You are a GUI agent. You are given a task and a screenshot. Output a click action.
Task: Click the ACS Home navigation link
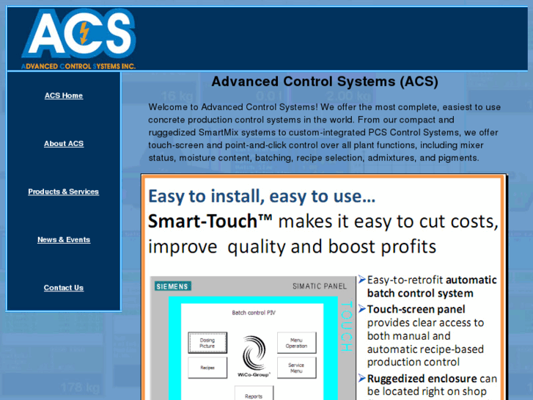[64, 95]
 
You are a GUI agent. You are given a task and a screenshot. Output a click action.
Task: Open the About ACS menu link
[64, 144]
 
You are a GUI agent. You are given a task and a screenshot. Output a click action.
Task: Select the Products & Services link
[64, 192]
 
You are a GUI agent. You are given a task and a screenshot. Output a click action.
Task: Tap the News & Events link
[64, 240]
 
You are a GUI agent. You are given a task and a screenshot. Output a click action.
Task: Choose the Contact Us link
[64, 288]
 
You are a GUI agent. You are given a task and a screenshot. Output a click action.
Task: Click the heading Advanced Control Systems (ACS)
[324, 81]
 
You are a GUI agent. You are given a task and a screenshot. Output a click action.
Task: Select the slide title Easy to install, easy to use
[262, 197]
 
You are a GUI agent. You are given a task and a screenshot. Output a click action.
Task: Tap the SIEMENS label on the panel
[172, 286]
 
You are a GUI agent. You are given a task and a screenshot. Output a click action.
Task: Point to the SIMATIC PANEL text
[320, 286]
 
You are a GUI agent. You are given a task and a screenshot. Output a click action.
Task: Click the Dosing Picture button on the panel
[207, 343]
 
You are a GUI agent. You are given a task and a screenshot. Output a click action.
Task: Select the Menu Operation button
[296, 343]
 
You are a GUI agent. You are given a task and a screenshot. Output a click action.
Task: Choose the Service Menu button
[296, 368]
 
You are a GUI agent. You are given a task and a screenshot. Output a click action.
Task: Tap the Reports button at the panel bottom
[254, 395]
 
